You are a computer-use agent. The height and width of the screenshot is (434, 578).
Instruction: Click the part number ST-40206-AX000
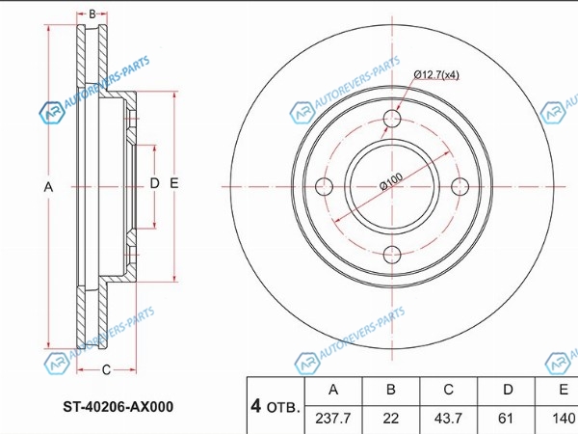[118, 407]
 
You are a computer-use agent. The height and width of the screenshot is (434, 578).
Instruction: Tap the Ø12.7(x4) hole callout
[436, 75]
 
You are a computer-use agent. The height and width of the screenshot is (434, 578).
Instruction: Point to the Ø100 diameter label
[391, 181]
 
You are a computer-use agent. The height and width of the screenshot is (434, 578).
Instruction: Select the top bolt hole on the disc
[392, 119]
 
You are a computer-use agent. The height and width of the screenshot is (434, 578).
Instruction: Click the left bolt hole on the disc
[324, 186]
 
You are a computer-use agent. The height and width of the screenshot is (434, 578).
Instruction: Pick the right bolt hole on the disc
[460, 186]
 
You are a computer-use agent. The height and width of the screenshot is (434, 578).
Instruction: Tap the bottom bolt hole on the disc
[392, 255]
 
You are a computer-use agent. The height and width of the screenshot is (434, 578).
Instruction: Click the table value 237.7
[333, 419]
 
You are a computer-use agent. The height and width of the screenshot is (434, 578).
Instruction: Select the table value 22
[391, 419]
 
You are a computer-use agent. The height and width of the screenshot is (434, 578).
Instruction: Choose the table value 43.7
[448, 419]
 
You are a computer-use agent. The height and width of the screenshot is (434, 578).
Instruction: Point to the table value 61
[506, 419]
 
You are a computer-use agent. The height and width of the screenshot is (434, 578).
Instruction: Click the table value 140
[564, 419]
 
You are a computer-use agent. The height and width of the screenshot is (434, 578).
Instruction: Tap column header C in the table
[448, 390]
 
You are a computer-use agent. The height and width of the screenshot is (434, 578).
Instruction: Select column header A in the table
[333, 390]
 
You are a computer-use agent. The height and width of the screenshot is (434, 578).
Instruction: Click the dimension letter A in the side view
[48, 187]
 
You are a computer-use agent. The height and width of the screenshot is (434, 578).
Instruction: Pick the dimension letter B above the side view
[92, 14]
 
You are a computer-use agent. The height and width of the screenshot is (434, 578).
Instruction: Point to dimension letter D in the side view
[154, 183]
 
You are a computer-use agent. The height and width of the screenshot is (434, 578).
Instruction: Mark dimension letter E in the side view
[174, 183]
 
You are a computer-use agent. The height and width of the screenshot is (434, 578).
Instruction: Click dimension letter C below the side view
[106, 369]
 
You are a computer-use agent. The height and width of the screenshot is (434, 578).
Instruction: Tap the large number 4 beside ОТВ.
[256, 406]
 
